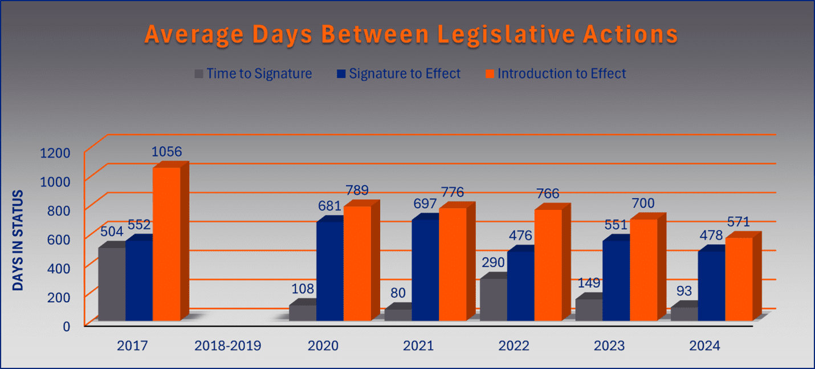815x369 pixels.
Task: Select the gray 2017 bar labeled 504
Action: (x=112, y=283)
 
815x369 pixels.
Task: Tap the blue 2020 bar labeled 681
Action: (x=330, y=271)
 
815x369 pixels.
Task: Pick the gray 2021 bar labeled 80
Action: (x=398, y=314)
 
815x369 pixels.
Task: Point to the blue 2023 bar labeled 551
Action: (x=616, y=280)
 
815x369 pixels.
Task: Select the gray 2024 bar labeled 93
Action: (x=684, y=313)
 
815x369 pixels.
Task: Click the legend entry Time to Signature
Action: (x=253, y=74)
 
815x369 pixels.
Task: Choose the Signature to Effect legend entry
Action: (x=398, y=74)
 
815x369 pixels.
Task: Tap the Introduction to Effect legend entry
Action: (x=555, y=74)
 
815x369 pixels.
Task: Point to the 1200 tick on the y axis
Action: (x=54, y=153)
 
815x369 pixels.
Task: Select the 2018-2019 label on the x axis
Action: (x=228, y=346)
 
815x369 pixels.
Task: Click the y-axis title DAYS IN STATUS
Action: (x=18, y=240)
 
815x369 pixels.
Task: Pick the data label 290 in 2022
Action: (x=493, y=263)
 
